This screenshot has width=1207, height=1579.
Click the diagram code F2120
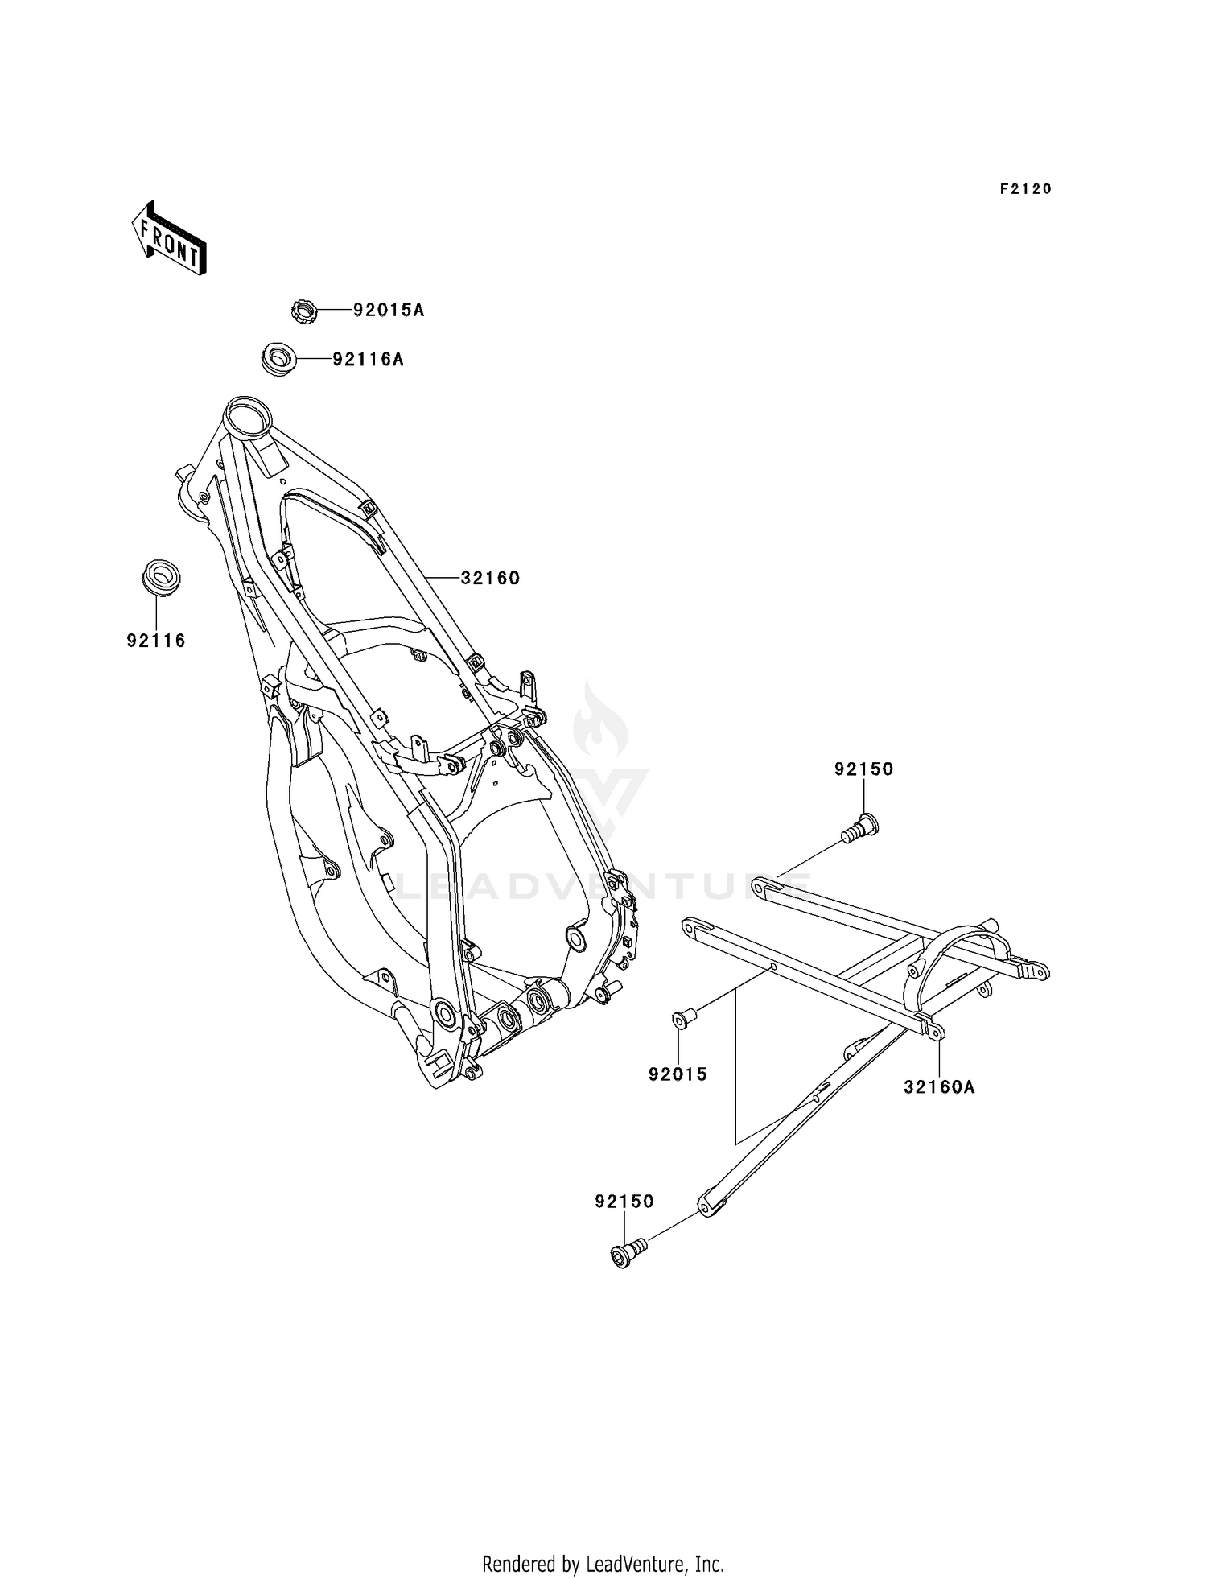coord(1026,189)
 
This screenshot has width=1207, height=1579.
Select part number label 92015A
coord(389,311)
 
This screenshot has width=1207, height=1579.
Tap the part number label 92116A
coord(369,360)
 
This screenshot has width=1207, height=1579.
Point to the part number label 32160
coord(490,578)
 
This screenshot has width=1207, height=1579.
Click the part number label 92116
coord(156,641)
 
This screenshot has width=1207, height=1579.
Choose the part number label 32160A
coord(939,1087)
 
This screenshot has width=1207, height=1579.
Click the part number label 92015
coord(678,1074)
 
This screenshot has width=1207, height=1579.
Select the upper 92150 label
coord(864,769)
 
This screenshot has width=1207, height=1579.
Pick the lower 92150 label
coord(624,1201)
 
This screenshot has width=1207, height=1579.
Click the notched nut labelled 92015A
coord(303,311)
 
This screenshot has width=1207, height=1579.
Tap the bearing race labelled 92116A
coord(278,359)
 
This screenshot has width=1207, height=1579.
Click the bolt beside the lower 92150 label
coord(628,1252)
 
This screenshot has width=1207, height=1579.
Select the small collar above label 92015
coord(683,1020)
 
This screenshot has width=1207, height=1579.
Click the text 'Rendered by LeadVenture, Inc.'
coord(603,1563)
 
